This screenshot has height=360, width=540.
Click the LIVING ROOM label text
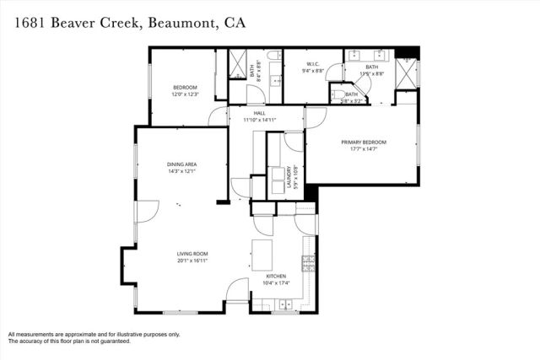click(192, 255)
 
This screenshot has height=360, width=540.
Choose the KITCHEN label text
click(276, 277)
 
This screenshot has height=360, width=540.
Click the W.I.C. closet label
click(311, 65)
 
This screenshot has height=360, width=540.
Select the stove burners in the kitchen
click(309, 265)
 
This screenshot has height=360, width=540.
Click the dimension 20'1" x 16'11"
click(192, 261)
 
